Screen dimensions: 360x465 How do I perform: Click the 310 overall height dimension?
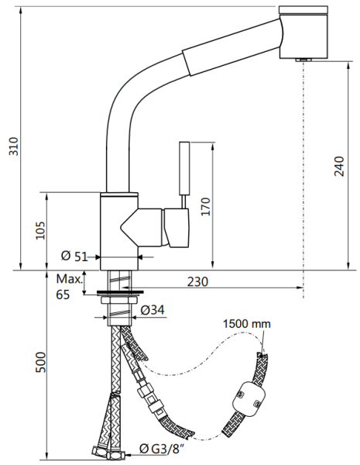(x=14, y=146)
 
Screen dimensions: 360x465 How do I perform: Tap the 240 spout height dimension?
(x=339, y=166)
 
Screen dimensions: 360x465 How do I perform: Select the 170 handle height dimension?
(x=205, y=206)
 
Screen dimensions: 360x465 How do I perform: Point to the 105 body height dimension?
(x=40, y=230)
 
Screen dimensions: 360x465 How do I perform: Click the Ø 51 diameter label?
(x=74, y=257)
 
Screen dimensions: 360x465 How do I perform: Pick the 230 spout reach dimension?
(x=197, y=281)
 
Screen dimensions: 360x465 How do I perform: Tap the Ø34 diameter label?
(x=153, y=310)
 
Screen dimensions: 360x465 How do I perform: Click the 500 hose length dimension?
(x=40, y=363)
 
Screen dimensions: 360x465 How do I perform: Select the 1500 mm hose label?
(x=246, y=323)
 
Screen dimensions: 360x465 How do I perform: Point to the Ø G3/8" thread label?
(x=162, y=449)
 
